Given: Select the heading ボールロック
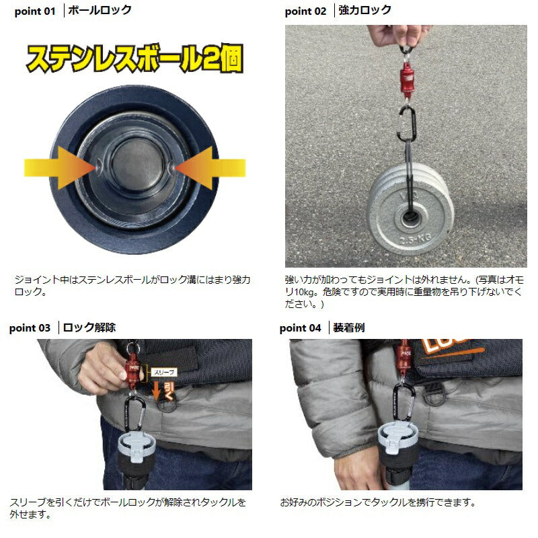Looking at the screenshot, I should (x=100, y=10).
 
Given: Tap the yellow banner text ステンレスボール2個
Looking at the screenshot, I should (x=134, y=61).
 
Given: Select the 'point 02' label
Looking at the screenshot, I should (x=305, y=11).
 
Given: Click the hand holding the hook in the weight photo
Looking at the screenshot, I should (x=393, y=34).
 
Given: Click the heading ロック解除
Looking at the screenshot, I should (x=89, y=328).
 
